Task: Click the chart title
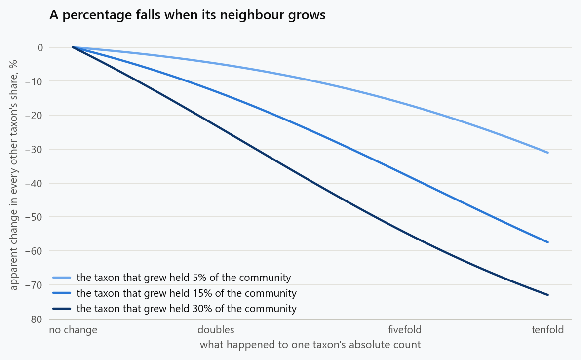188,15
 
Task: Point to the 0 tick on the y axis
40,47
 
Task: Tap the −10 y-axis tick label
34,81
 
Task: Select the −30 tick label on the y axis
34,149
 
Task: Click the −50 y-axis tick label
34,217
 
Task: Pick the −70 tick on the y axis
34,285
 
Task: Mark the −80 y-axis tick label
34,319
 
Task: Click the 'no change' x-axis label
73,329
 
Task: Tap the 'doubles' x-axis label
216,329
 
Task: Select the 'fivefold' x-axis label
405,329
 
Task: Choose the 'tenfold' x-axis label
547,329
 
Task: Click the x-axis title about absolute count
310,345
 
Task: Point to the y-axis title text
13,175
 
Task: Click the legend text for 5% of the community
184,278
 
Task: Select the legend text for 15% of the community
187,293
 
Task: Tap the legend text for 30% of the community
187,309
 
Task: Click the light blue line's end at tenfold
547,153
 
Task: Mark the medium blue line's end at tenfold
547,242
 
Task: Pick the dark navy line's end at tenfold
547,295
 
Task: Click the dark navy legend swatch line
62,309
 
